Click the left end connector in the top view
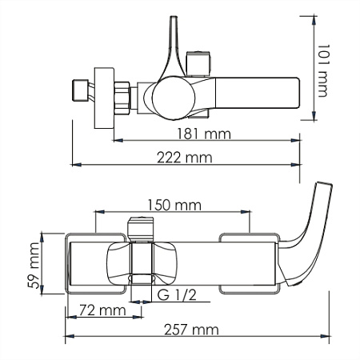point(80,88)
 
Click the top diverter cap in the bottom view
point(141,227)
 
